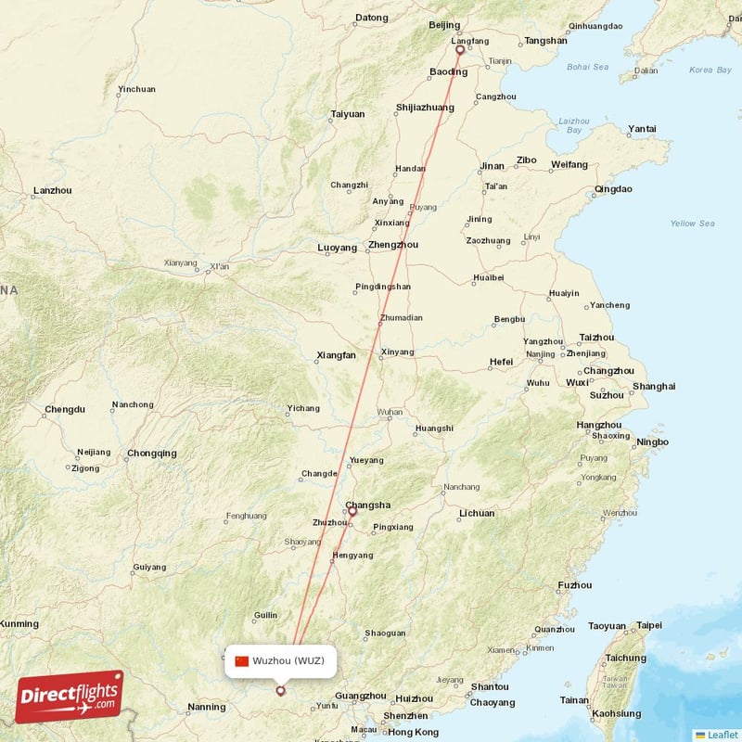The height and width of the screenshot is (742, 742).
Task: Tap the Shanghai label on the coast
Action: tap(654, 386)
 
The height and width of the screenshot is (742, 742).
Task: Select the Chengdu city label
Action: tap(64, 409)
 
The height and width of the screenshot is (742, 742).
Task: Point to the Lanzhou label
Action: tap(52, 191)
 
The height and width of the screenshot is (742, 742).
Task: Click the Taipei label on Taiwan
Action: tap(649, 625)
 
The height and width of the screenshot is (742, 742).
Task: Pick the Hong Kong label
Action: tap(414, 732)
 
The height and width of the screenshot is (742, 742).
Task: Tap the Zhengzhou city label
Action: tap(392, 245)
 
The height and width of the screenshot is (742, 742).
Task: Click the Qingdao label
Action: tap(613, 189)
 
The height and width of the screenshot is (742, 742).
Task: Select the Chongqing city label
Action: tap(152, 454)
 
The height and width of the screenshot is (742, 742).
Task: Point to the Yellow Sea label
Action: tap(693, 224)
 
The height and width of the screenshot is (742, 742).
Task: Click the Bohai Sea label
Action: tap(588, 67)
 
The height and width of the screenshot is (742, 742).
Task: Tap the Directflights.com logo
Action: tap(69, 697)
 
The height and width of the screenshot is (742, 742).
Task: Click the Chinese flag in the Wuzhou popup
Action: tap(242, 661)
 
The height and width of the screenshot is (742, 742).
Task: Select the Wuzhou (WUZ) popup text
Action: tap(288, 661)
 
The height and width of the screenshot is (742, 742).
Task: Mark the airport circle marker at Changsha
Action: tap(352, 511)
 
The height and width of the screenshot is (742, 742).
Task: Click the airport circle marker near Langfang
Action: tap(459, 51)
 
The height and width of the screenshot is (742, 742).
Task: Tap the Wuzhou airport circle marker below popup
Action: tap(280, 690)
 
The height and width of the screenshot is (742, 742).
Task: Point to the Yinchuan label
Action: tap(136, 90)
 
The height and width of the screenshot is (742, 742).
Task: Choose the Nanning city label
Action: tap(206, 707)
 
